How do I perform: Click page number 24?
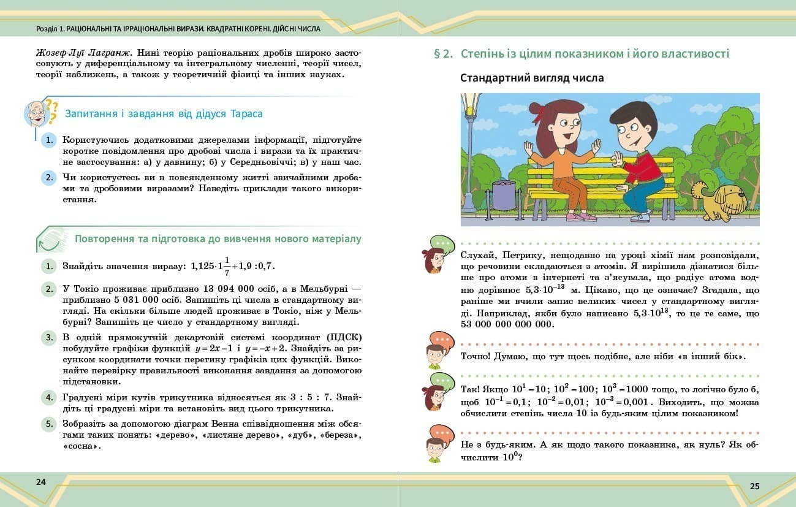[x=41, y=481]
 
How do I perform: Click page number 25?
[x=754, y=486]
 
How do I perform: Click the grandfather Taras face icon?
[x=36, y=113]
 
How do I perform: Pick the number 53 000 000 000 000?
[x=507, y=324]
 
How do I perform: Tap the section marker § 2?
[x=443, y=54]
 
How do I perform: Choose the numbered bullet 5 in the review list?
[x=49, y=424]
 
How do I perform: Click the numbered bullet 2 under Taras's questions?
[x=49, y=178]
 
